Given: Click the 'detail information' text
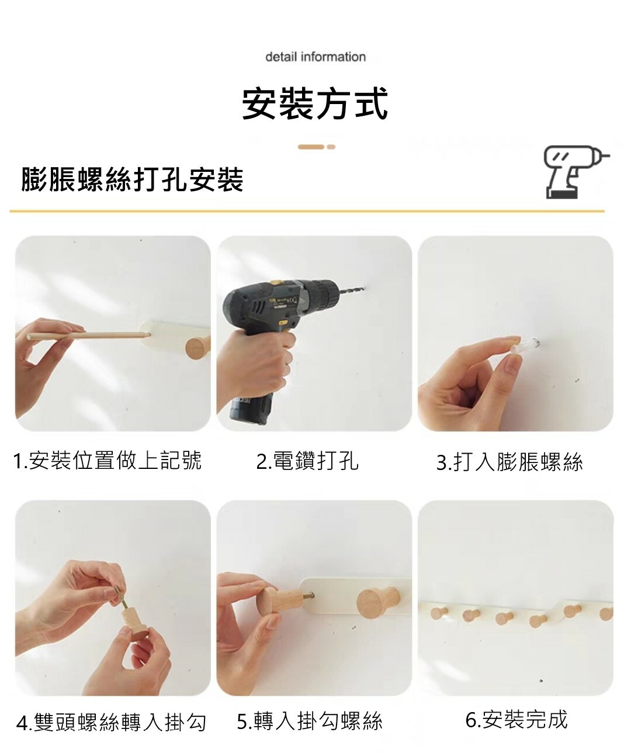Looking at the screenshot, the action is pyautogui.click(x=315, y=57).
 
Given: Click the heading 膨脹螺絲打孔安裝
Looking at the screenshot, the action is pyautogui.click(x=132, y=179).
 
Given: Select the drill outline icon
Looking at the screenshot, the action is pyautogui.click(x=576, y=172).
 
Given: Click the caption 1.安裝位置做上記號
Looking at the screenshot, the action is pyautogui.click(x=107, y=461).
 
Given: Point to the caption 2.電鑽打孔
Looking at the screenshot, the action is pyautogui.click(x=307, y=461).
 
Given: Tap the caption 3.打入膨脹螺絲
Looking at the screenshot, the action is pyautogui.click(x=509, y=462).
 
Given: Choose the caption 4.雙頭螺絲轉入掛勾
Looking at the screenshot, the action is pyautogui.click(x=112, y=722).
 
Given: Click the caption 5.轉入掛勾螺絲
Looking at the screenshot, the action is pyautogui.click(x=310, y=721).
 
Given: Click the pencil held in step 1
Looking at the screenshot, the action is pyautogui.click(x=88, y=336).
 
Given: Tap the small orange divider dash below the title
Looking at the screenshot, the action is pyautogui.click(x=331, y=147).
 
